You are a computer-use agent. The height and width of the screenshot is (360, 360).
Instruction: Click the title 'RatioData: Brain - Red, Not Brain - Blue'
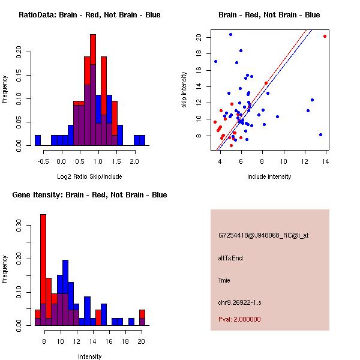click(89, 15)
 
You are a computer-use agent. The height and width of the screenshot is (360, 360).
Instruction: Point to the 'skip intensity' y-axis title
click(185, 90)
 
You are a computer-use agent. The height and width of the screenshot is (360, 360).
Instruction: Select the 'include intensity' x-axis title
click(269, 176)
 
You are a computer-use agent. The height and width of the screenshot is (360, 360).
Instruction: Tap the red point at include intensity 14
click(325, 36)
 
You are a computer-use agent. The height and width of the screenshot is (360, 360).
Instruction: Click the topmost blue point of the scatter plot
click(230, 34)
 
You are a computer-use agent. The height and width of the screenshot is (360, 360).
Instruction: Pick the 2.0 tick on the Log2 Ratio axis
click(134, 161)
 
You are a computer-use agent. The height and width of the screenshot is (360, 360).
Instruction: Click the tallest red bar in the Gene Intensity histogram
click(43, 270)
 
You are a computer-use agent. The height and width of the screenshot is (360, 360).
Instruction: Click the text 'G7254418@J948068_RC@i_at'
click(263, 235)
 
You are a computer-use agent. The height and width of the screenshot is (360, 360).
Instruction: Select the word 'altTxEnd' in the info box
click(230, 258)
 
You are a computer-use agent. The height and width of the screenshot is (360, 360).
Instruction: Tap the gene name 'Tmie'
click(224, 280)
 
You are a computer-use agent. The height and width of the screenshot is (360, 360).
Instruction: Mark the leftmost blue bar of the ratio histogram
click(38, 140)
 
